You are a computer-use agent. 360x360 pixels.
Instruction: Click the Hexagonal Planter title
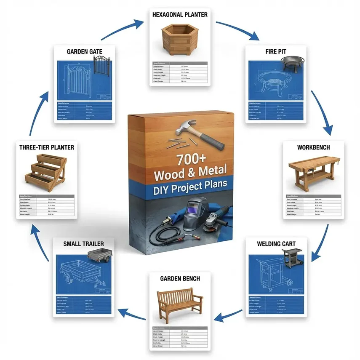point(179,14)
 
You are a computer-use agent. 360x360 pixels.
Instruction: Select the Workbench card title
point(314,148)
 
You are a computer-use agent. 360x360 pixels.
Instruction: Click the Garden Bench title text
point(180,278)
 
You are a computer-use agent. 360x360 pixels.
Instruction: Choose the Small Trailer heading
point(83,243)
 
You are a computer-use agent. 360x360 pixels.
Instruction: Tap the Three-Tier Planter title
point(47,147)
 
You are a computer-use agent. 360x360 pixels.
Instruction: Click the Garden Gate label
point(85,51)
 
